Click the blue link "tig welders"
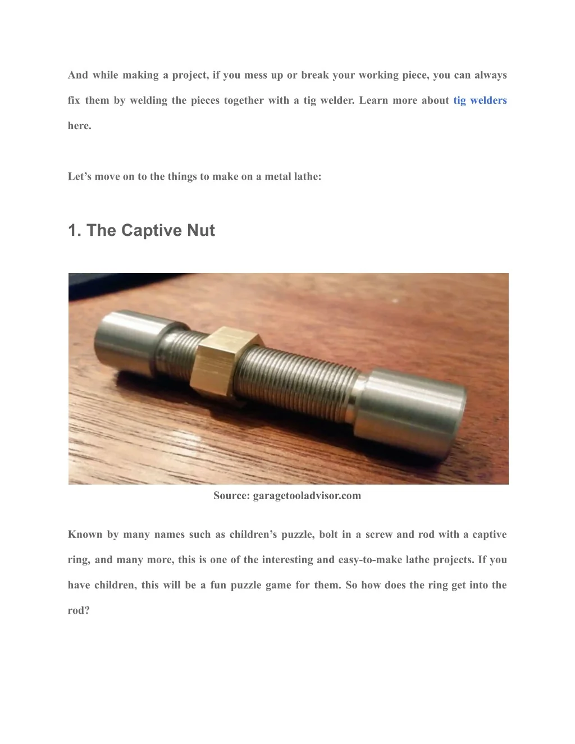coord(480,101)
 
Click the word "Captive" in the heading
coord(150,230)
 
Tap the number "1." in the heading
coord(75,230)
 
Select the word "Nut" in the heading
coord(201,230)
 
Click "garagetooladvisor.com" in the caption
coord(307,496)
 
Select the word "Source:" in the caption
coord(232,495)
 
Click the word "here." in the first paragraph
coord(80,126)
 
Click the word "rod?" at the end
coord(79,610)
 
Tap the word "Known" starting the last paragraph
coord(85,535)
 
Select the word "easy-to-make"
coord(370,560)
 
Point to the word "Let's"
coord(79,176)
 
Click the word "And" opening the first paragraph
coord(77,75)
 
